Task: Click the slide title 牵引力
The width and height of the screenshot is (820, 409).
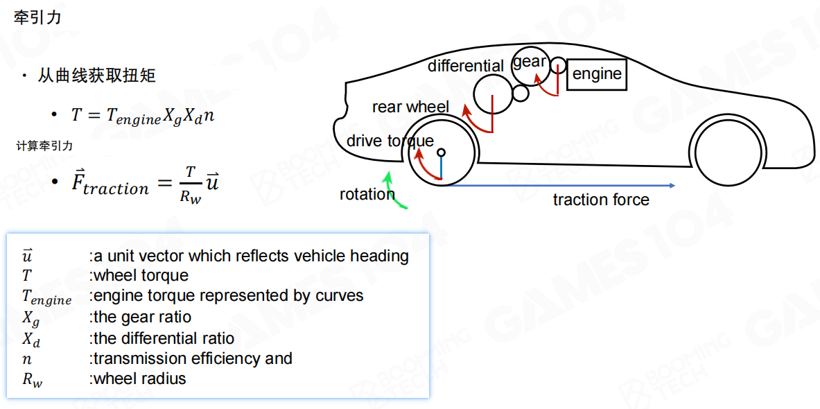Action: [37, 18]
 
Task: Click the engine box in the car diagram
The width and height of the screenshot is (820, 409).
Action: [597, 73]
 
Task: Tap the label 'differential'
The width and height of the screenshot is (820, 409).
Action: [466, 66]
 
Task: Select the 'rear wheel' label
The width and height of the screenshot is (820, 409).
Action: [410, 107]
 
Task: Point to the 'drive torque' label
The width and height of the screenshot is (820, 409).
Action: [390, 141]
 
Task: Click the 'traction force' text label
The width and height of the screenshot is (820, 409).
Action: [601, 200]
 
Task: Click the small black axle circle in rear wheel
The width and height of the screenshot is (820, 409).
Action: [441, 152]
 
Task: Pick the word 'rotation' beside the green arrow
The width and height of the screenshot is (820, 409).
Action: [367, 194]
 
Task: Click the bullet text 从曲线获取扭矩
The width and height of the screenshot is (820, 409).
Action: [96, 76]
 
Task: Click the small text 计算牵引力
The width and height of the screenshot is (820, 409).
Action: [44, 146]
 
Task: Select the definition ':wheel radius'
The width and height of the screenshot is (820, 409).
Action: [137, 378]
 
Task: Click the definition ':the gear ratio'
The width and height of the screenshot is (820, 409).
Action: [140, 317]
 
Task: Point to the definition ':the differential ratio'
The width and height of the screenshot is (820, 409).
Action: [162, 338]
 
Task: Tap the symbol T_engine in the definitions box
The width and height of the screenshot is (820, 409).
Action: [46, 297]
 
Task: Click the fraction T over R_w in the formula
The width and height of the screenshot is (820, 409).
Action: [190, 184]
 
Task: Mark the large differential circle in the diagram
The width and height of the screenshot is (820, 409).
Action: [493, 92]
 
